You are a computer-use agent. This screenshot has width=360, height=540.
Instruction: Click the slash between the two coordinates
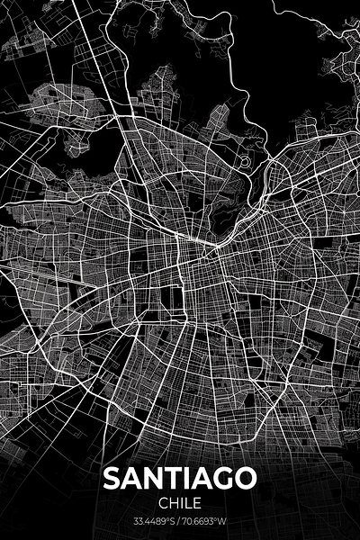click(x=179, y=520)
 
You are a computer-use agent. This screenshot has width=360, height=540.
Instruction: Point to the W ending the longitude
click(x=224, y=520)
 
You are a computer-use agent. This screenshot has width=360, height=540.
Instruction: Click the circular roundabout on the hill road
click(x=245, y=162)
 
